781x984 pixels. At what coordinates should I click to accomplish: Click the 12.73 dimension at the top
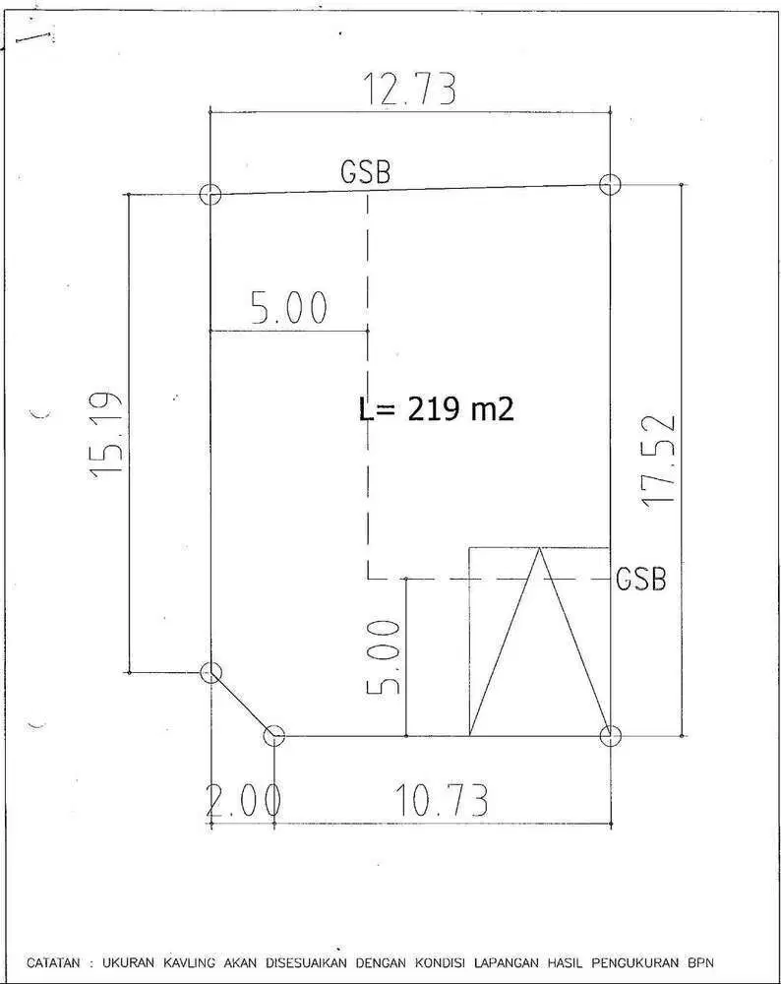coord(409,90)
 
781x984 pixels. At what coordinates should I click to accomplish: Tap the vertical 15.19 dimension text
coord(105,435)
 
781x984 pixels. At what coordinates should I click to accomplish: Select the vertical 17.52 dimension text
coord(659,461)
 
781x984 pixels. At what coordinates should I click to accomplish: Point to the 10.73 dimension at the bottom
coord(441,800)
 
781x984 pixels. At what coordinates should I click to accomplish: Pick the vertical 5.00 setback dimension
coord(383,657)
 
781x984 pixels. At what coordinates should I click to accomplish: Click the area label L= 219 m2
coord(437,409)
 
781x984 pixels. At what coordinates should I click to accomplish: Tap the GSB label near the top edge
coord(365,171)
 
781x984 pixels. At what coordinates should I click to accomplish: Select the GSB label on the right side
coord(640,579)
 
